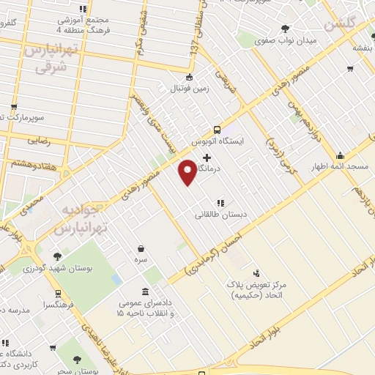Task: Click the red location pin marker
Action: click(188, 171)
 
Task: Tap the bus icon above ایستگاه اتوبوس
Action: click(218, 126)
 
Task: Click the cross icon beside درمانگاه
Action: click(207, 157)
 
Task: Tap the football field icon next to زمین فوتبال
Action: click(189, 78)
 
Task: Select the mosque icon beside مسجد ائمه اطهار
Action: click(341, 156)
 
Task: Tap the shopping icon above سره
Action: click(141, 249)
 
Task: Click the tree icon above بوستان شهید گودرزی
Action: click(57, 256)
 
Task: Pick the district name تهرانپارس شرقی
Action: click(46, 56)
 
